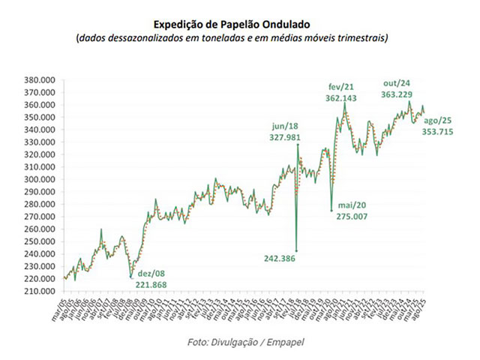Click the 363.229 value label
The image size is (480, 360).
point(399,94)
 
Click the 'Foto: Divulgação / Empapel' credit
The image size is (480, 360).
point(241,342)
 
